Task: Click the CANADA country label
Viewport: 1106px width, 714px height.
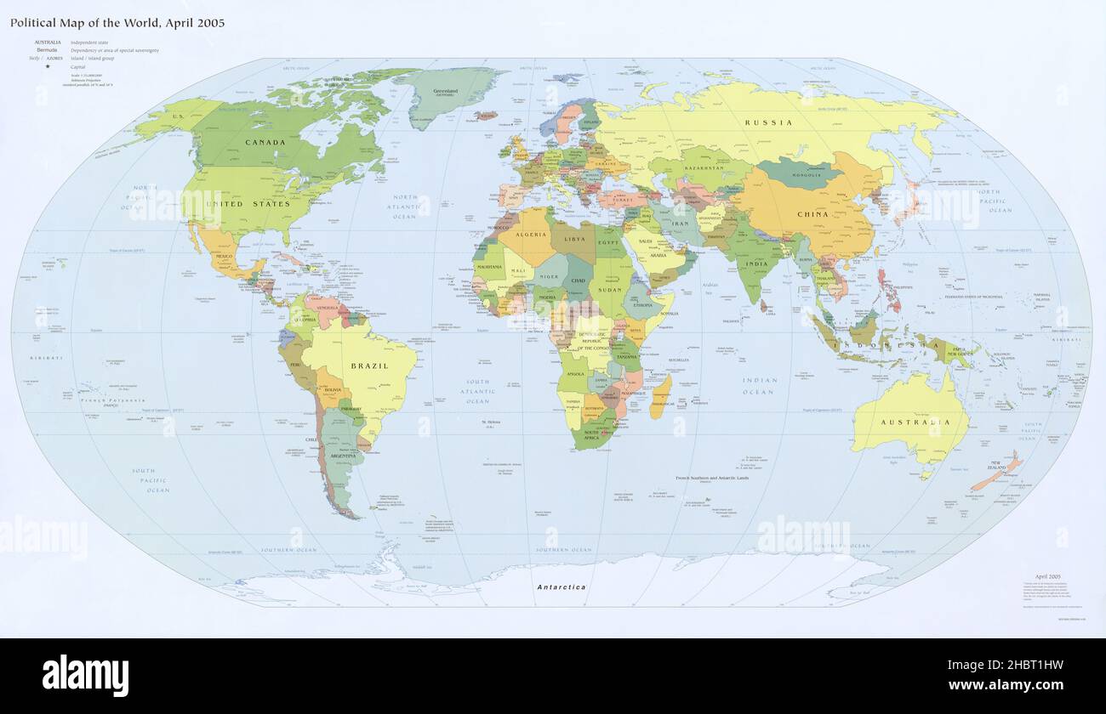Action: [265, 143]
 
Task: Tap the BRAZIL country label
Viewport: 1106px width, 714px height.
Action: [369, 366]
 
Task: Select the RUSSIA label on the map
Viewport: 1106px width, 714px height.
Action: [768, 123]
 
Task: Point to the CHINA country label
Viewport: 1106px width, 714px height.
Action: [812, 214]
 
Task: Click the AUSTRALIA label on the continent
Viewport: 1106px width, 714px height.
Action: [915, 422]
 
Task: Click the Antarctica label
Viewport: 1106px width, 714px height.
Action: [561, 587]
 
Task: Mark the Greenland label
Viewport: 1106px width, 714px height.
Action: [445, 92]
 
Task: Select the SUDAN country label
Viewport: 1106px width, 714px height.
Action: [612, 289]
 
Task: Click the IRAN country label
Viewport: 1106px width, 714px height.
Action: [680, 223]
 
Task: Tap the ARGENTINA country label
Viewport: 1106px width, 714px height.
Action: [342, 456]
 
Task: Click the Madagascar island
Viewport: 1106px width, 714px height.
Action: [660, 397]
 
